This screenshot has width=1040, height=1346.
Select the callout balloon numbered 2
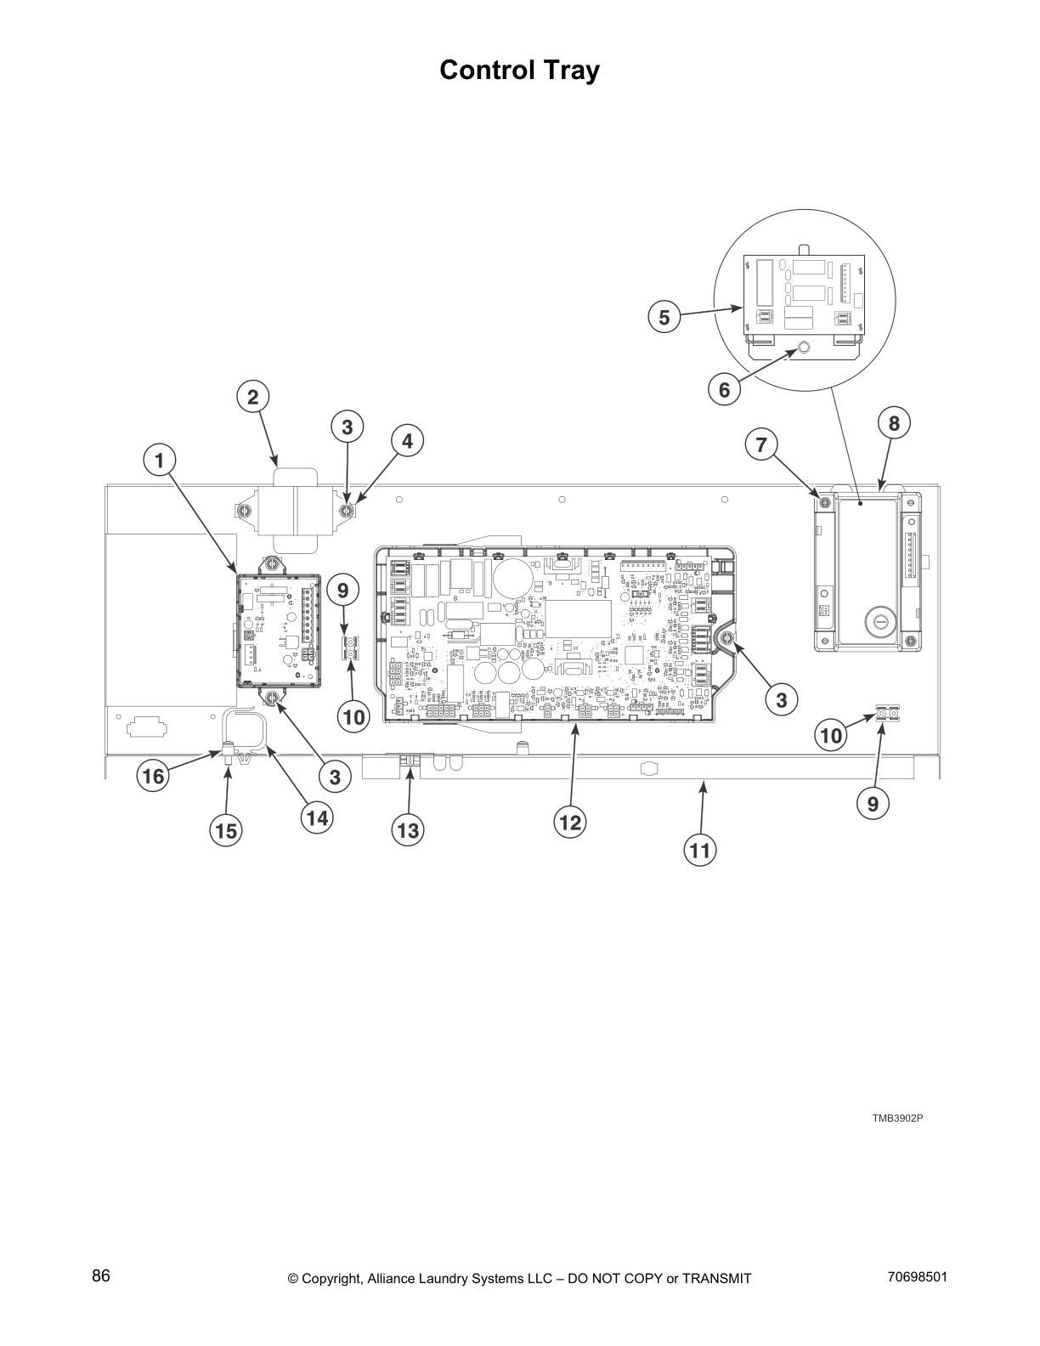click(252, 397)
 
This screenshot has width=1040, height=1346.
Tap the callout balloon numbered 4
click(407, 441)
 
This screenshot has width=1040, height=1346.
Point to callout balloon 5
click(664, 318)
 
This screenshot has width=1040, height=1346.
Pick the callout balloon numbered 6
click(724, 390)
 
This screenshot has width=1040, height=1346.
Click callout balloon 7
click(761, 444)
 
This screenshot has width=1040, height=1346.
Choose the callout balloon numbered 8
click(894, 422)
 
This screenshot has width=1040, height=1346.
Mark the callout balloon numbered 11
click(702, 849)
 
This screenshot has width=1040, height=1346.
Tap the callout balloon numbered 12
click(570, 822)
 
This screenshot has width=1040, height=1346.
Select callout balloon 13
click(408, 829)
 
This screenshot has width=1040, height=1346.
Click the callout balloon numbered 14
click(316, 817)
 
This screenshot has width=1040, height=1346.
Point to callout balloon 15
click(227, 829)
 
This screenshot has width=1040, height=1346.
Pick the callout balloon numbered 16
click(153, 776)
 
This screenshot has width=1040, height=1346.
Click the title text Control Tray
click(519, 71)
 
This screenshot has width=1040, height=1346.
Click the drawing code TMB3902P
click(897, 1117)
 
